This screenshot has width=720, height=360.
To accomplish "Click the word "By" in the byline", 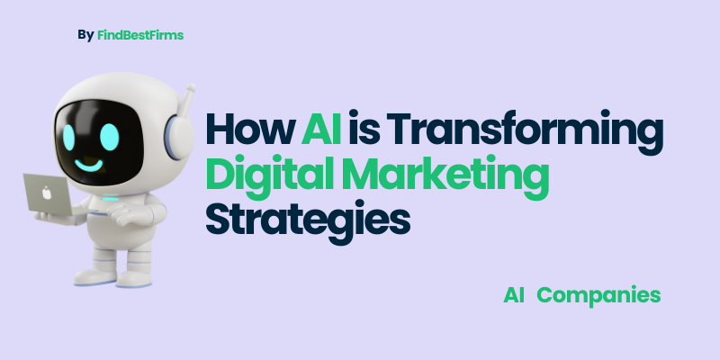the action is pos(85,35).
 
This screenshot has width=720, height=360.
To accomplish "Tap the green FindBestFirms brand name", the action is pos(140,35).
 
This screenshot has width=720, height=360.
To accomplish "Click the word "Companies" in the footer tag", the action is pos(598,295).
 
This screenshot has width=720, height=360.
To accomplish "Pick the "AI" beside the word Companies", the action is pos(514,295).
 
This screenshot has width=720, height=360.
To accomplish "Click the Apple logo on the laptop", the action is pos(47,193).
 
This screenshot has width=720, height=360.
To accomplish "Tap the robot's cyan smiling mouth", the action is pos(88,165).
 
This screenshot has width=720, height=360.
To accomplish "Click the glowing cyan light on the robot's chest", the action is pos(109,199).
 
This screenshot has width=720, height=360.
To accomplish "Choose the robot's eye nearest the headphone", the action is pos(109,137).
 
